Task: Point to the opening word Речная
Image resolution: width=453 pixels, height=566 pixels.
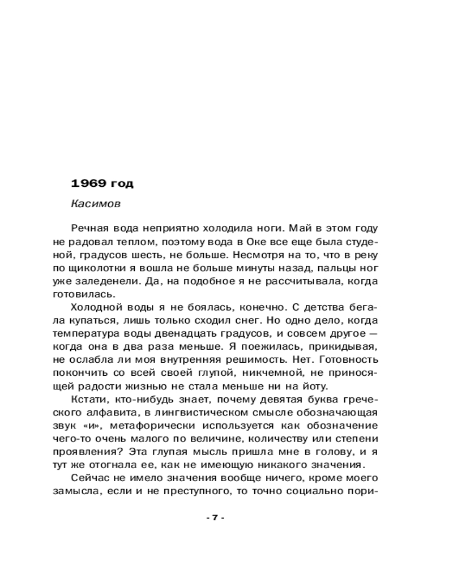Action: click(x=89, y=228)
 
